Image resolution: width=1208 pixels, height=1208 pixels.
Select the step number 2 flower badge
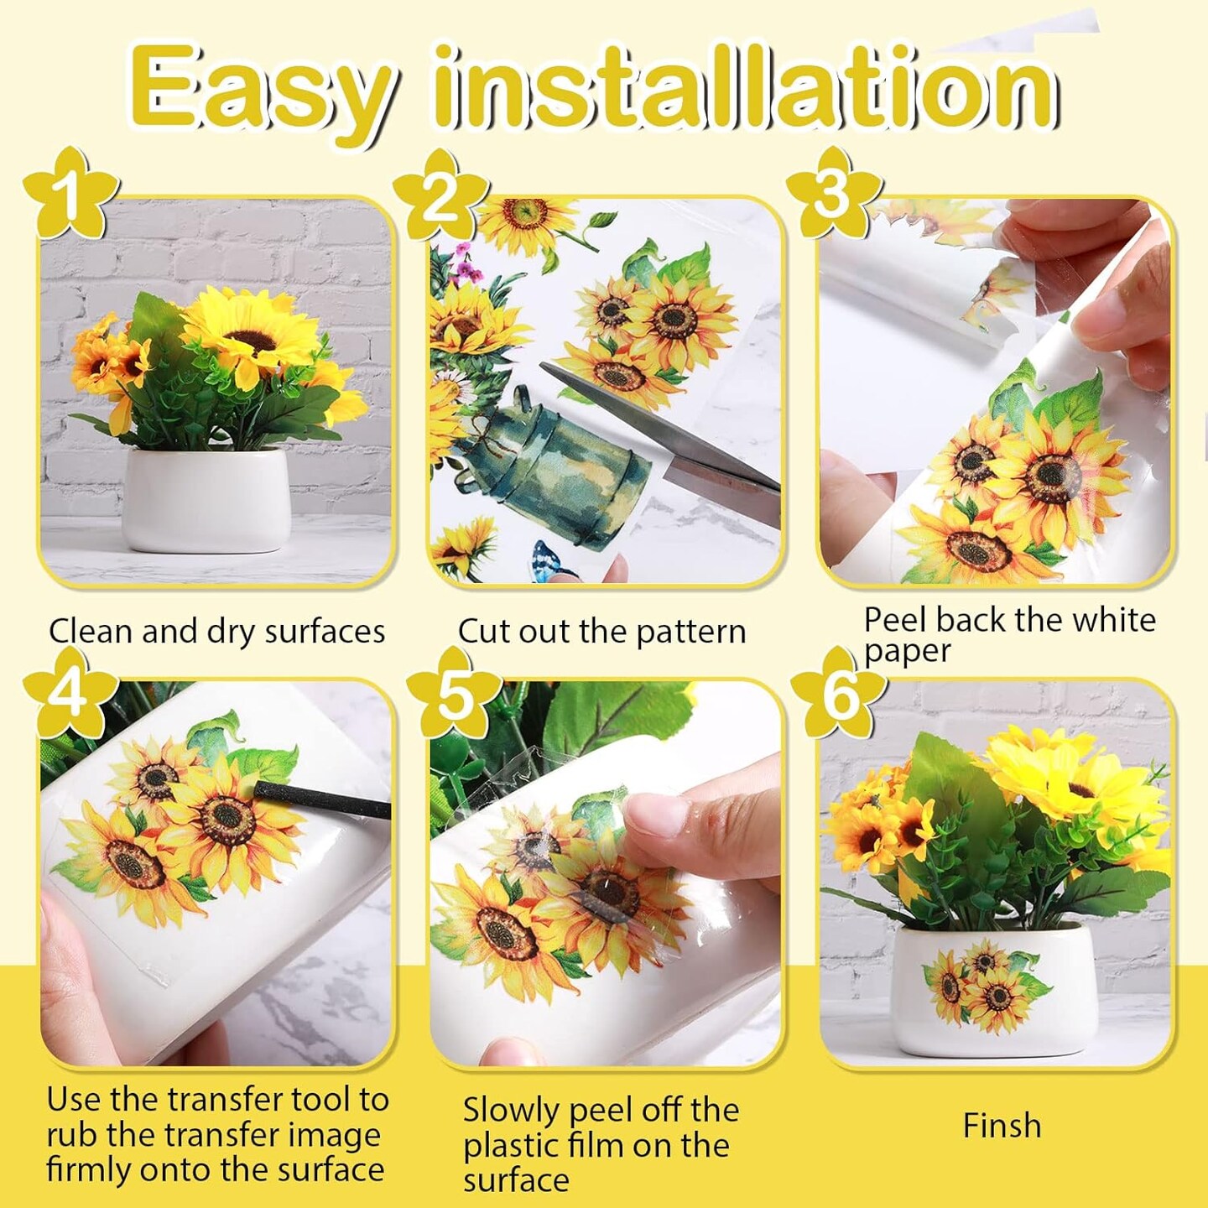[440, 197]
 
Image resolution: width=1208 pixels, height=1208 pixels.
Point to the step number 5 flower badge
[454, 695]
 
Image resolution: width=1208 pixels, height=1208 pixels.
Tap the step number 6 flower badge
[839, 693]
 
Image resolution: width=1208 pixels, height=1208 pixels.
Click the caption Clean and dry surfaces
[216, 632]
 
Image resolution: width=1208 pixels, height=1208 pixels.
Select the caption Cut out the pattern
[601, 632]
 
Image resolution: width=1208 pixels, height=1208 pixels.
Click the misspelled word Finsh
[1002, 1126]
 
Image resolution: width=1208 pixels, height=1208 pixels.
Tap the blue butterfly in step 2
[551, 560]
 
